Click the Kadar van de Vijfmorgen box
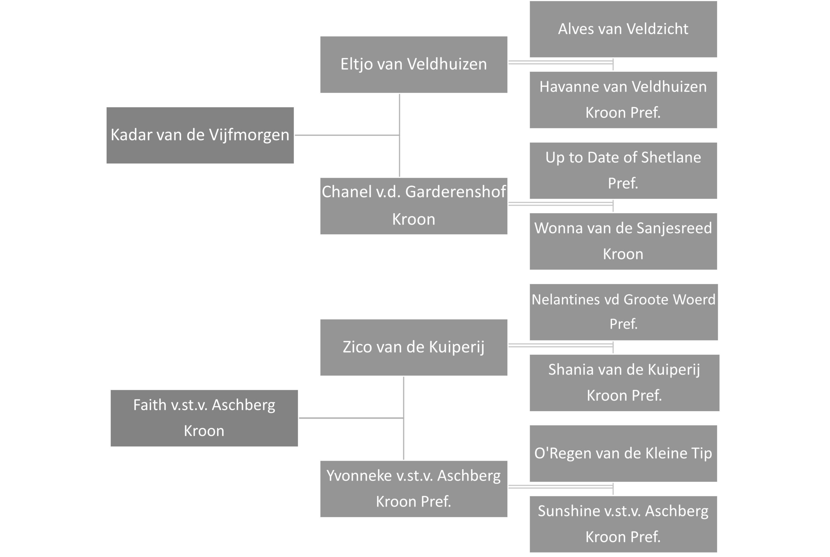point(200,135)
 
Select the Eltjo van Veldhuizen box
point(413,65)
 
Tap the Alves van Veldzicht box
point(623,29)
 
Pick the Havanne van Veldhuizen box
point(623,100)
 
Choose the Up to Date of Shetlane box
point(623,171)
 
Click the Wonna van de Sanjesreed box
point(623,241)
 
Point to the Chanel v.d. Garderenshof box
point(413,206)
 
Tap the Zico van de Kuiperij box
point(413,347)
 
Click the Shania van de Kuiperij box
point(624,383)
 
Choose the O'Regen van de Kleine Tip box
point(623,453)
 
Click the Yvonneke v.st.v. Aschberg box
point(413,489)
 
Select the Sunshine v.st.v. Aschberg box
point(623,524)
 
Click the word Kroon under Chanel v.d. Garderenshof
point(413,219)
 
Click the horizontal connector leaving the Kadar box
point(347,135)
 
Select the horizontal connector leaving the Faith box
point(351,418)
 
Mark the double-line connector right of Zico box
point(561,345)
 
